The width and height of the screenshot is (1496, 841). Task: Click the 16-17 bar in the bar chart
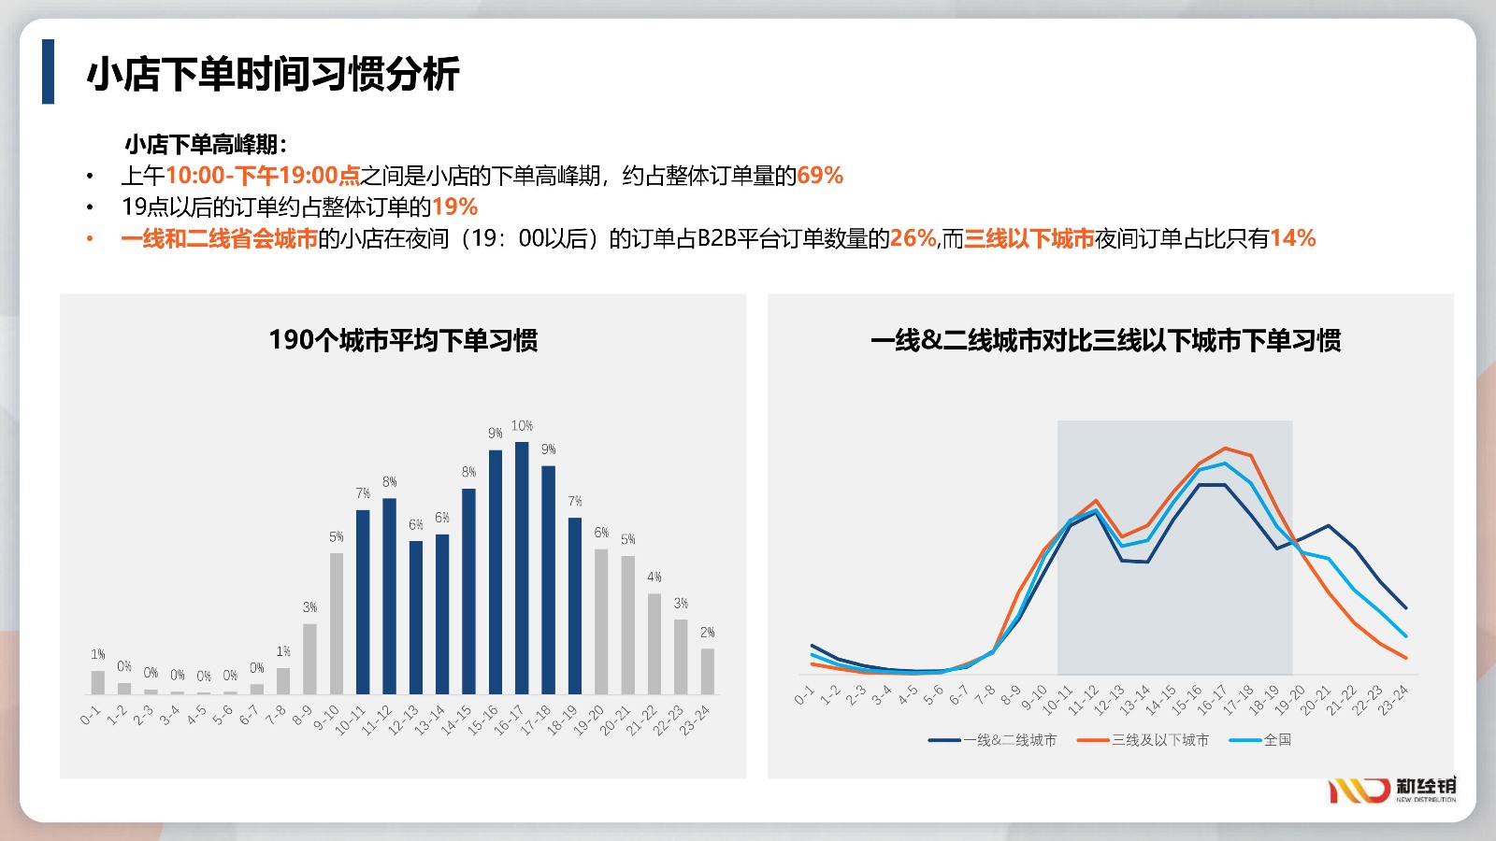[522, 568]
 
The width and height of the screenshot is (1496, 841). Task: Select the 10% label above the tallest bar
[523, 426]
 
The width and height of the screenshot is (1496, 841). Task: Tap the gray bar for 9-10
[337, 623]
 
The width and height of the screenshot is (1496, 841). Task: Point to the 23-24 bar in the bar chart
[707, 672]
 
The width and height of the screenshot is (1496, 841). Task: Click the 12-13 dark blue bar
[416, 618]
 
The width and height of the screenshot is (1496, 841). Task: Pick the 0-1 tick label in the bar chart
[90, 715]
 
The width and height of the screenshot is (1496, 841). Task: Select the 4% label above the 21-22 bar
[654, 577]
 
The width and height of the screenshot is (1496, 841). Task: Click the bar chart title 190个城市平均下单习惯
[403, 340]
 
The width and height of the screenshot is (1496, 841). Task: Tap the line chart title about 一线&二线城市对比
[1105, 340]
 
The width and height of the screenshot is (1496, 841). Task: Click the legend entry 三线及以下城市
[1143, 739]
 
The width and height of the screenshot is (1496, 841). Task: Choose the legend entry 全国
[1260, 739]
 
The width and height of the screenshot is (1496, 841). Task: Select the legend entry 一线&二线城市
[992, 739]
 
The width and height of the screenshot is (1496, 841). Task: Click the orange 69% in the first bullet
[820, 176]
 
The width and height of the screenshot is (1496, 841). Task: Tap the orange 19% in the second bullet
[454, 207]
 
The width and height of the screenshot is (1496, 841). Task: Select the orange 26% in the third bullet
[913, 238]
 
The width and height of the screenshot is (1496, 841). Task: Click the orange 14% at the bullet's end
[1293, 238]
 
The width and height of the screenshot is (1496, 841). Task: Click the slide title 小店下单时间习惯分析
[273, 74]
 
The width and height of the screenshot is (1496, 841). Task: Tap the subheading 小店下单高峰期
[207, 144]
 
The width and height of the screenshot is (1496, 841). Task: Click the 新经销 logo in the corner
[1392, 790]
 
